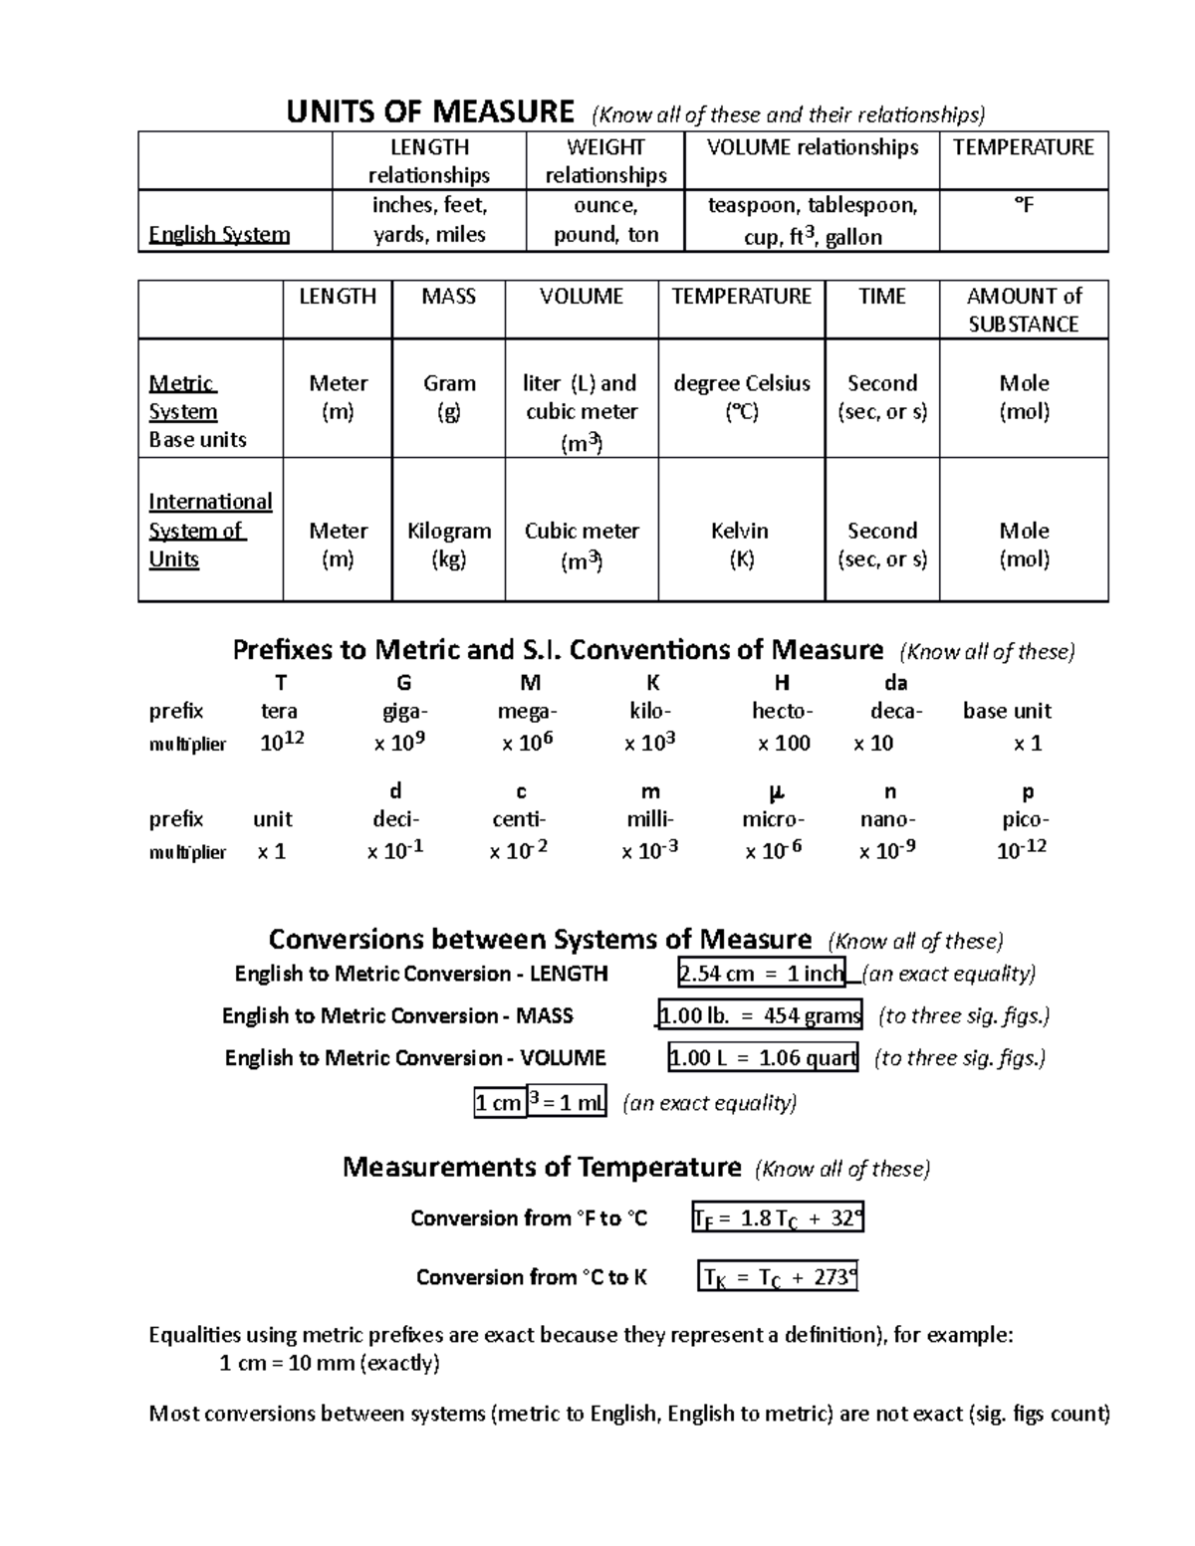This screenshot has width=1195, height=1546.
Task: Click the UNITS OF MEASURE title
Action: pos(429,111)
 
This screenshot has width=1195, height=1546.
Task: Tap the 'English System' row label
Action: pos(219,235)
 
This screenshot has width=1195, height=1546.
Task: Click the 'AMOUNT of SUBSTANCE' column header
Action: pos(1024,310)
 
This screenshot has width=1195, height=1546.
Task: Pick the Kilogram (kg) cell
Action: pos(449,545)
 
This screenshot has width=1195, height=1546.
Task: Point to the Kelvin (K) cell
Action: pos(740,545)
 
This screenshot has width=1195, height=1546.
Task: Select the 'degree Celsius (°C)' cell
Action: pos(742,397)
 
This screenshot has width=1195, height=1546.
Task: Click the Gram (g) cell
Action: pos(449,397)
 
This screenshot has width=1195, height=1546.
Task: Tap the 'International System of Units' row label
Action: pos(209,530)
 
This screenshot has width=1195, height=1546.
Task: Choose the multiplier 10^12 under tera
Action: pos(282,742)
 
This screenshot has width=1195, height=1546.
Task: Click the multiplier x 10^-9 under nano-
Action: pos(887,850)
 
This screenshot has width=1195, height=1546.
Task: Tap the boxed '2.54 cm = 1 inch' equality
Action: pos(761,974)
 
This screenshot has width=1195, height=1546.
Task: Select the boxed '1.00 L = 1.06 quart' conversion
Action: pos(763,1057)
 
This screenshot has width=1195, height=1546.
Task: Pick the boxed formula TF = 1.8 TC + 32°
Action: pos(778,1217)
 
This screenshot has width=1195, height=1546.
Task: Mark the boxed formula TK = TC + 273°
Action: pos(778,1277)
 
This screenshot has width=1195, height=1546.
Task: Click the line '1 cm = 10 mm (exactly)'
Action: pos(329,1363)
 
